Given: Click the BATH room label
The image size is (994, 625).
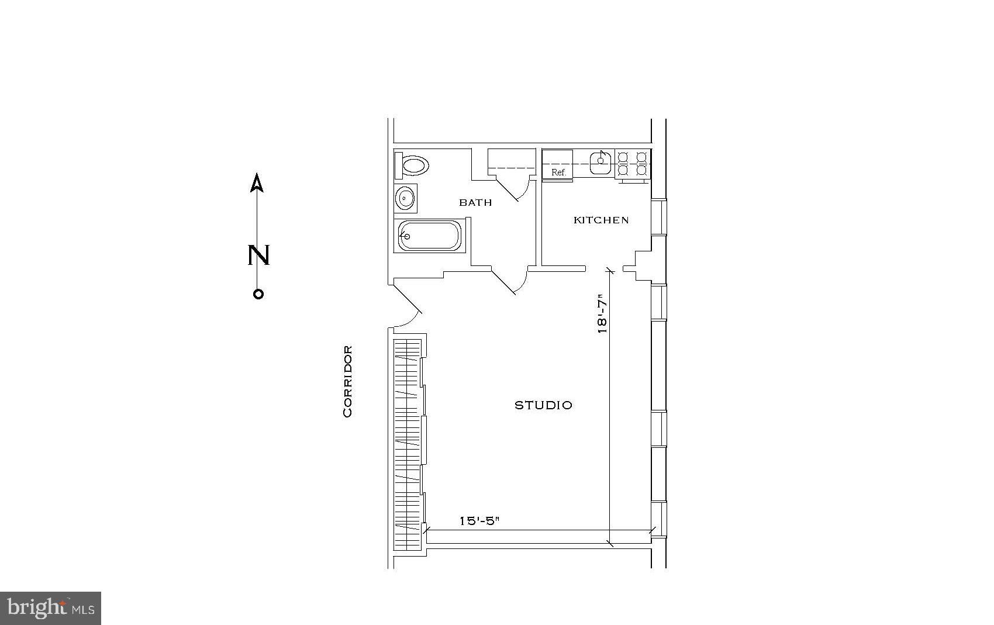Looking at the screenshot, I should coord(475,203).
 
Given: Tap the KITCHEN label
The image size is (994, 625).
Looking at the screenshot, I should coord(601,220).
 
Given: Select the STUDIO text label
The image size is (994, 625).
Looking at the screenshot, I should coord(543,405).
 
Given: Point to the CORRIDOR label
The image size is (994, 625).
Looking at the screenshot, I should coord(348,382).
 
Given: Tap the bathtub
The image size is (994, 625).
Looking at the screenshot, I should coord(430,236).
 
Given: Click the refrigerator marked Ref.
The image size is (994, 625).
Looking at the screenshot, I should coord(558,165).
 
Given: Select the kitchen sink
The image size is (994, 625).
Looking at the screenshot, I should coord(600,162).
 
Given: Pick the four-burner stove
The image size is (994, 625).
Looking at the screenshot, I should coord(633,164).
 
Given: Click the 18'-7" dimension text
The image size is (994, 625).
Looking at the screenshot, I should coord(602,317).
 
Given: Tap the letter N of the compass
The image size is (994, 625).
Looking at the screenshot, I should coord(258,255).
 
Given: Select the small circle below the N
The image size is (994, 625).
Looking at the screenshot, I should coord(258,294).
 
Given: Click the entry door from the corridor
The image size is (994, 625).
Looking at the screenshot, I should coord(408,307).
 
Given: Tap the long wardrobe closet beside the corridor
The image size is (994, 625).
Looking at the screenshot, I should coord(408,444).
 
